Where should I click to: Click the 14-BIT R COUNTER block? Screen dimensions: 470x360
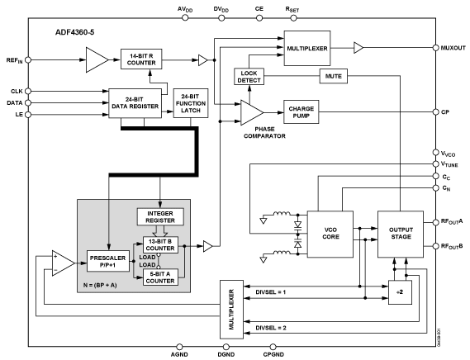pyautogui.click(x=141, y=59)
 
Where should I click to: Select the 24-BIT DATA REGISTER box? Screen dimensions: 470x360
pyautogui.click(x=135, y=103)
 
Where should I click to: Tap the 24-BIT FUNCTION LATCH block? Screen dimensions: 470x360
pyautogui.click(x=191, y=103)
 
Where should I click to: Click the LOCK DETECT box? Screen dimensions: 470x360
pyautogui.click(x=249, y=77)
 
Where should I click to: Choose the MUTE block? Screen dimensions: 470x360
pyautogui.click(x=334, y=76)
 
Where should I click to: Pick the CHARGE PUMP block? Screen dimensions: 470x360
pyautogui.click(x=301, y=112)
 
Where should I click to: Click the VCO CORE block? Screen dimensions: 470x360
pyautogui.click(x=330, y=234)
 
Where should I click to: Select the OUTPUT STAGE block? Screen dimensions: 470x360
pyautogui.click(x=401, y=234)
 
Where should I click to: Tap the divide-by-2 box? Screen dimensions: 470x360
pyautogui.click(x=400, y=292)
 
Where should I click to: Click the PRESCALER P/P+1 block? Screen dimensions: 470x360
pyautogui.click(x=108, y=261)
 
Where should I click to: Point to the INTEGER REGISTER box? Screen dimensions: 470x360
pyautogui.click(x=160, y=216)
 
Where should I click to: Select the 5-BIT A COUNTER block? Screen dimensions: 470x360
pyautogui.click(x=160, y=277)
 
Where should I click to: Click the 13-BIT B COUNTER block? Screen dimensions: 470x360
pyautogui.click(x=160, y=245)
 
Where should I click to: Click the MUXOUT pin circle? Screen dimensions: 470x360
pyautogui.click(x=435, y=48)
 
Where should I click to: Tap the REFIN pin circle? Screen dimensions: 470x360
pyautogui.click(x=28, y=60)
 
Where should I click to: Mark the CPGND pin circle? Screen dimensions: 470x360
pyautogui.click(x=273, y=347)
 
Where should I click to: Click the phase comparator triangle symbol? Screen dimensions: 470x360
pyautogui.click(x=252, y=112)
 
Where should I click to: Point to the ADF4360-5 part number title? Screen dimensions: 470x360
pyautogui.click(x=74, y=32)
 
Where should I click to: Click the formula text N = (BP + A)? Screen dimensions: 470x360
pyautogui.click(x=100, y=286)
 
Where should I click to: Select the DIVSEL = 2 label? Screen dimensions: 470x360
pyautogui.click(x=271, y=328)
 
